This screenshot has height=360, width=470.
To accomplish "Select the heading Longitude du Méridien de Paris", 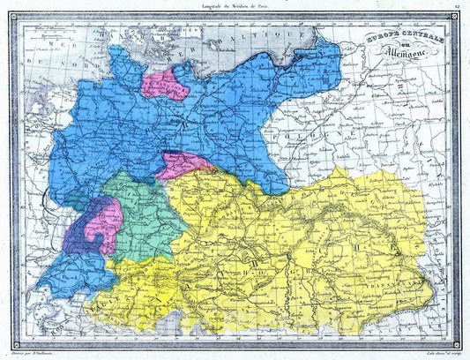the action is tap(234, 7).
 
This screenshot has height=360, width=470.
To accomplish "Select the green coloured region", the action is tap(137, 212).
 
